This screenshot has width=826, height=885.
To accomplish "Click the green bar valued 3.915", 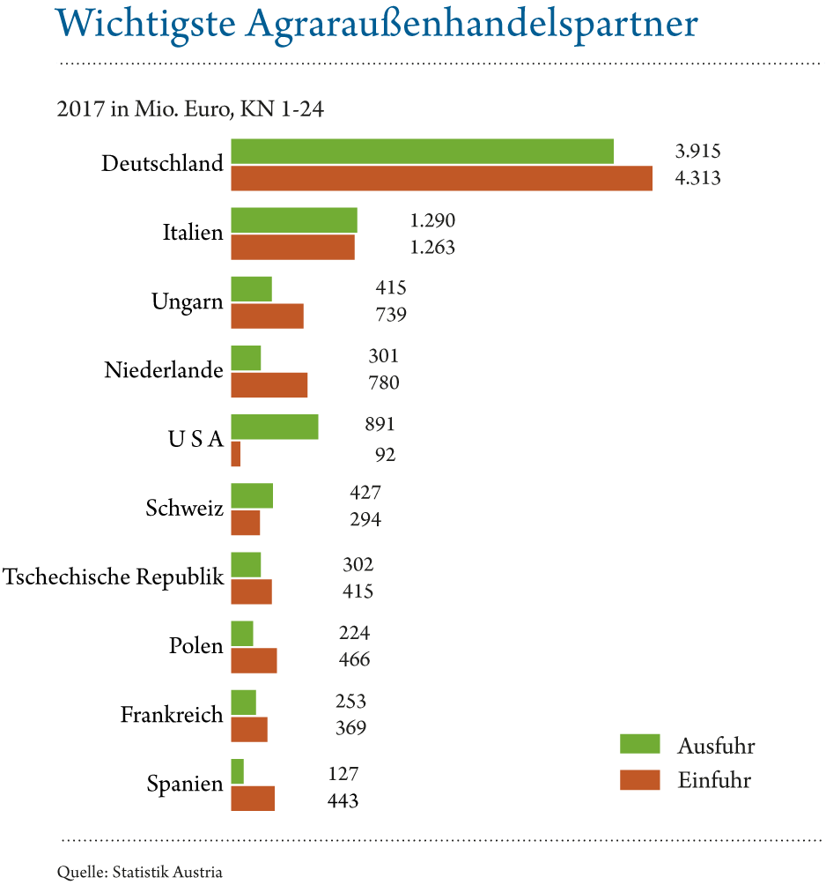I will tap(422, 151).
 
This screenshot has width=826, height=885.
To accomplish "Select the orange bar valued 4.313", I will tap(441, 178).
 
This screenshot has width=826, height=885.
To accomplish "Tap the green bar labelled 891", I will tap(274, 427).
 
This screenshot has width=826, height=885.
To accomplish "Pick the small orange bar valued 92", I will tap(235, 454).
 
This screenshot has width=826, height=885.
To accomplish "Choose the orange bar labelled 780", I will tap(269, 385).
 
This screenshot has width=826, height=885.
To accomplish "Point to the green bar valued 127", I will tap(237, 771).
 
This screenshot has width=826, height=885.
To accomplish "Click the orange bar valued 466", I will tap(254, 660).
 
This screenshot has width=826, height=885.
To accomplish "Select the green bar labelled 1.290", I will tap(293, 219).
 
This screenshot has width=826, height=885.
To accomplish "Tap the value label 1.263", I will tap(432, 247).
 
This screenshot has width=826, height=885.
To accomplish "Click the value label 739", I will tap(391, 316).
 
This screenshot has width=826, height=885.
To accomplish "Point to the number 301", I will tap(383, 356).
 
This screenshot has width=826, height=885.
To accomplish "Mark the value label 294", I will tap(365, 520).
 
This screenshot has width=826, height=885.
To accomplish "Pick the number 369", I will tap(350, 729).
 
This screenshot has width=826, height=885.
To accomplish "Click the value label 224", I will tap(354, 633).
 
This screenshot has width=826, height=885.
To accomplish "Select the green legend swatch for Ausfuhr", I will tap(639, 743).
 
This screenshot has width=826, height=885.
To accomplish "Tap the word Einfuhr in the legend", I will tap(713, 780).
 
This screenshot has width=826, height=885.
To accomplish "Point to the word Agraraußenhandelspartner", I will tap(472, 26).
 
